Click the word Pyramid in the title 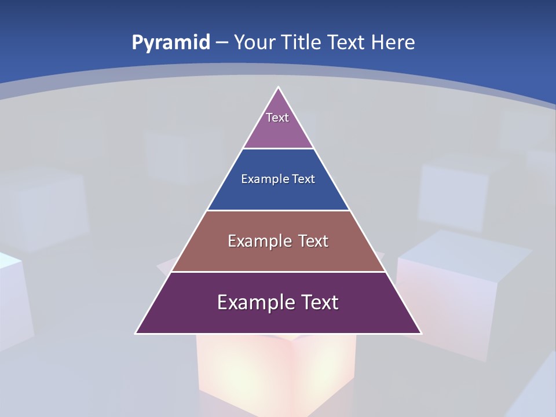(170, 43)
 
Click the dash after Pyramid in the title (221, 43)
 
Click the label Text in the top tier (277, 118)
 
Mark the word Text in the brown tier (314, 241)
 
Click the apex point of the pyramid (279, 87)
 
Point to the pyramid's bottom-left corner (136, 333)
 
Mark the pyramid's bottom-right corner (421, 333)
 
